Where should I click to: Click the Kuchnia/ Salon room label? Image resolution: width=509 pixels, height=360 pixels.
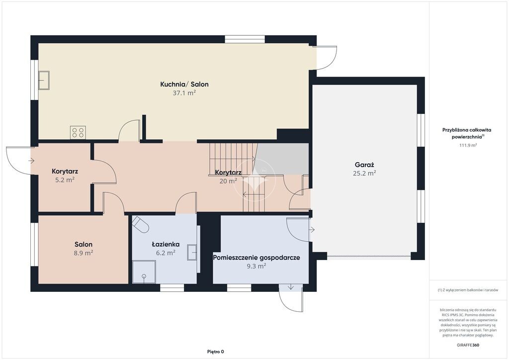(184, 85)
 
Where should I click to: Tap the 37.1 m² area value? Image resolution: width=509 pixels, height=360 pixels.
(184, 93)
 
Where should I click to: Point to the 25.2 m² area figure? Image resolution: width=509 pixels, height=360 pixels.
(364, 174)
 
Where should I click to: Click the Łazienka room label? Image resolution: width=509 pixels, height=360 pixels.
(166, 244)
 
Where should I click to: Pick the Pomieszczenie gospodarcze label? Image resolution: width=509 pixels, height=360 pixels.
(256, 258)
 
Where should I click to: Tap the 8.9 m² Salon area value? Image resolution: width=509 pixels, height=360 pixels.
(84, 253)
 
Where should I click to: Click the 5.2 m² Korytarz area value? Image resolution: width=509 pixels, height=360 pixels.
(65, 180)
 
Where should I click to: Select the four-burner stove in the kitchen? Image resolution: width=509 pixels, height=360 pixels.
(78, 132)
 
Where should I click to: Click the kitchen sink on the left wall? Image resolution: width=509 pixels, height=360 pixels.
(44, 80)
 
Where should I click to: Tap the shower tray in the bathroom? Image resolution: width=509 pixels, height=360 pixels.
(144, 271)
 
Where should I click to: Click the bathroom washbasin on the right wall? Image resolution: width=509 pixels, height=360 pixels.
(192, 252)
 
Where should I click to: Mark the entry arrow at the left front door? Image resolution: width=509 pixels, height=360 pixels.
(31, 161)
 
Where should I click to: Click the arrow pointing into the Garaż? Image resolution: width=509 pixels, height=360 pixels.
(312, 230)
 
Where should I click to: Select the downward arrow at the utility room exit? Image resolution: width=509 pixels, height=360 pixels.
(290, 287)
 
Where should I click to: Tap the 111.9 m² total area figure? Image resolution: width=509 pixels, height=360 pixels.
(468, 145)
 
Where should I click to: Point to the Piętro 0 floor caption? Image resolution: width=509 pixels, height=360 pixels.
(216, 352)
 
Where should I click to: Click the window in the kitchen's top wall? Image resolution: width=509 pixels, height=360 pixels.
(245, 39)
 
